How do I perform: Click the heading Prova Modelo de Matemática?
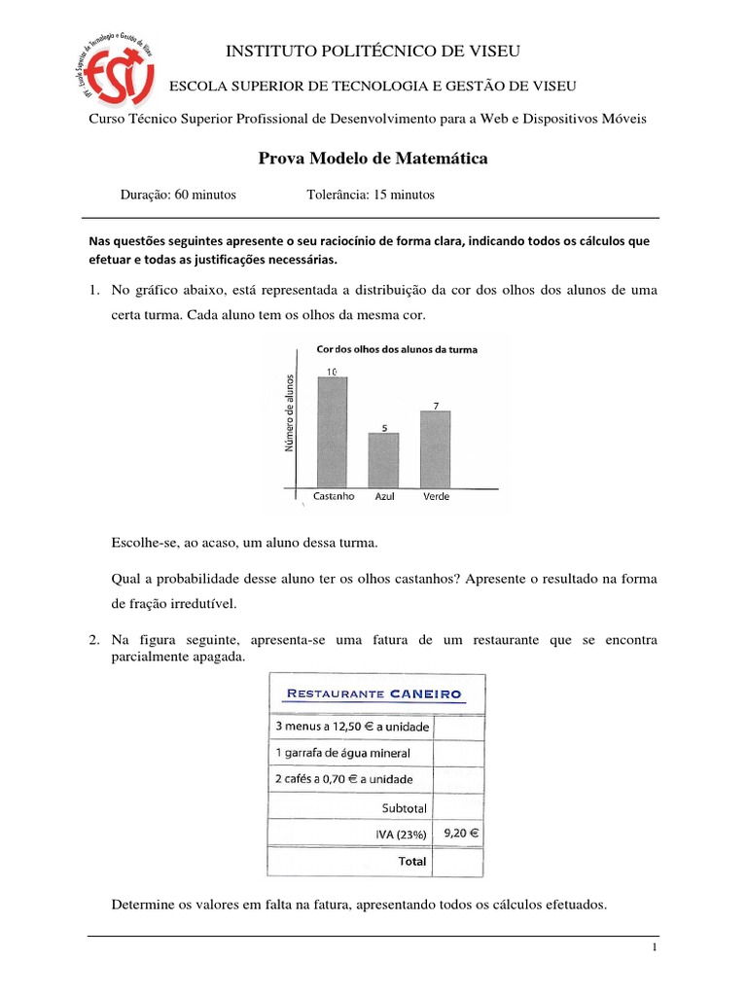coord(373,158)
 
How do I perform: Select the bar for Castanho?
coord(333,432)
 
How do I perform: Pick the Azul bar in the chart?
coord(383,460)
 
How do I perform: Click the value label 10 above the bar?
coord(333,372)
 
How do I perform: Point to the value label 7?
coord(436,405)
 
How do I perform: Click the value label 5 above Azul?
coord(384,427)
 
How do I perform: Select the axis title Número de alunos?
coord(289,413)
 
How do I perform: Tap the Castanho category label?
coord(334,496)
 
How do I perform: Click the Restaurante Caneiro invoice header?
coord(373,694)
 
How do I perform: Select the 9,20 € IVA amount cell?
coord(457,833)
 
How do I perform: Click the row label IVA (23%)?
coord(399,834)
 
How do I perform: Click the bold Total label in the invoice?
coord(411,861)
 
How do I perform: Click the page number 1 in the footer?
coord(656,947)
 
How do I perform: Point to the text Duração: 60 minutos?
coord(178,195)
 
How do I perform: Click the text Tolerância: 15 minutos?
coord(371,195)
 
